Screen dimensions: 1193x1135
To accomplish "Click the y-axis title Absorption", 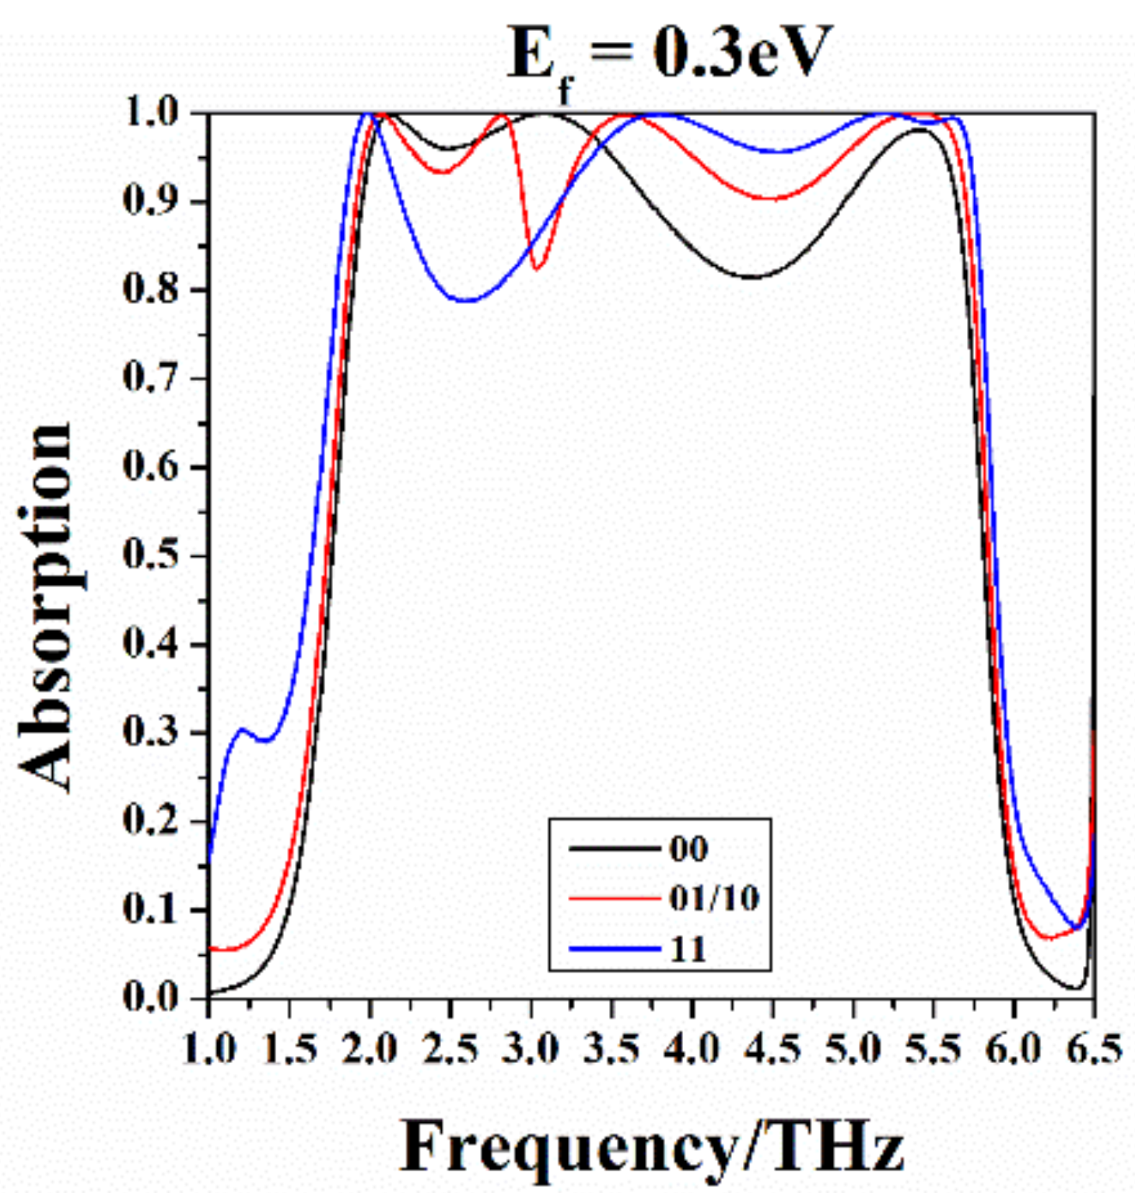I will pos(47,607).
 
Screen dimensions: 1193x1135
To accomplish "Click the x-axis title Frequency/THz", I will pos(652,1146).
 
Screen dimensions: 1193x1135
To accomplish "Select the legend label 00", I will pos(688,848).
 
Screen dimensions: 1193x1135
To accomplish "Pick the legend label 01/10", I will pos(713,898).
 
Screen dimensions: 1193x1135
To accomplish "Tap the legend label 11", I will pos(688,949).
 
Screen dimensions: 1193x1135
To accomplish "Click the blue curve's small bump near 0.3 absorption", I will pos(242,729).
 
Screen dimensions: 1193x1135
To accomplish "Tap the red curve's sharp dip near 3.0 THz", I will pos(536,269).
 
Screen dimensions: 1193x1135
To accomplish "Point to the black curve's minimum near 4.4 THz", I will pos(753,277).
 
